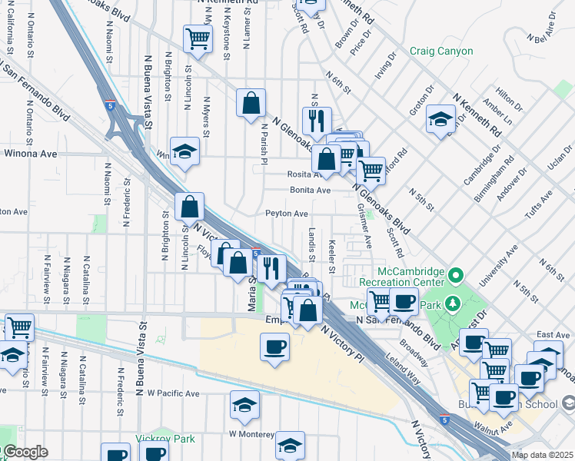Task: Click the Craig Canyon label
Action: coord(440,51)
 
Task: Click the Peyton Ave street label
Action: coord(287,214)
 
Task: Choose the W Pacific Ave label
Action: coord(173,393)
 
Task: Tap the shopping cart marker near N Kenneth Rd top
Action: coord(198,38)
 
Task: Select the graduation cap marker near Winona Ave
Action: coord(184,151)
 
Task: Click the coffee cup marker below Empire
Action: coord(274,346)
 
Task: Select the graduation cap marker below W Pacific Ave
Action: coord(244,406)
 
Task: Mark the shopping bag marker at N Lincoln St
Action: coord(189,207)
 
